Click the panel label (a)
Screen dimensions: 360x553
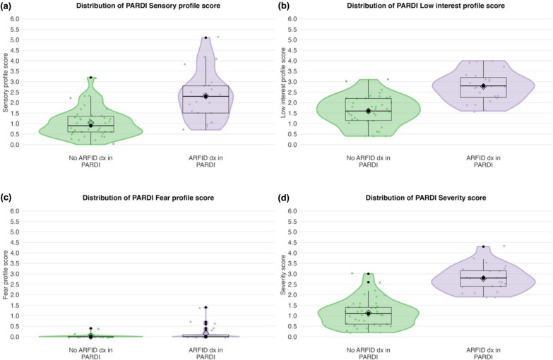9,6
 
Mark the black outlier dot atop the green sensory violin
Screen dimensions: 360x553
90,78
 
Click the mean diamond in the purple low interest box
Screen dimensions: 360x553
483,86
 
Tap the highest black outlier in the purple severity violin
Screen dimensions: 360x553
483,246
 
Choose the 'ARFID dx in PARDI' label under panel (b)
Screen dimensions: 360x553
483,162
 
